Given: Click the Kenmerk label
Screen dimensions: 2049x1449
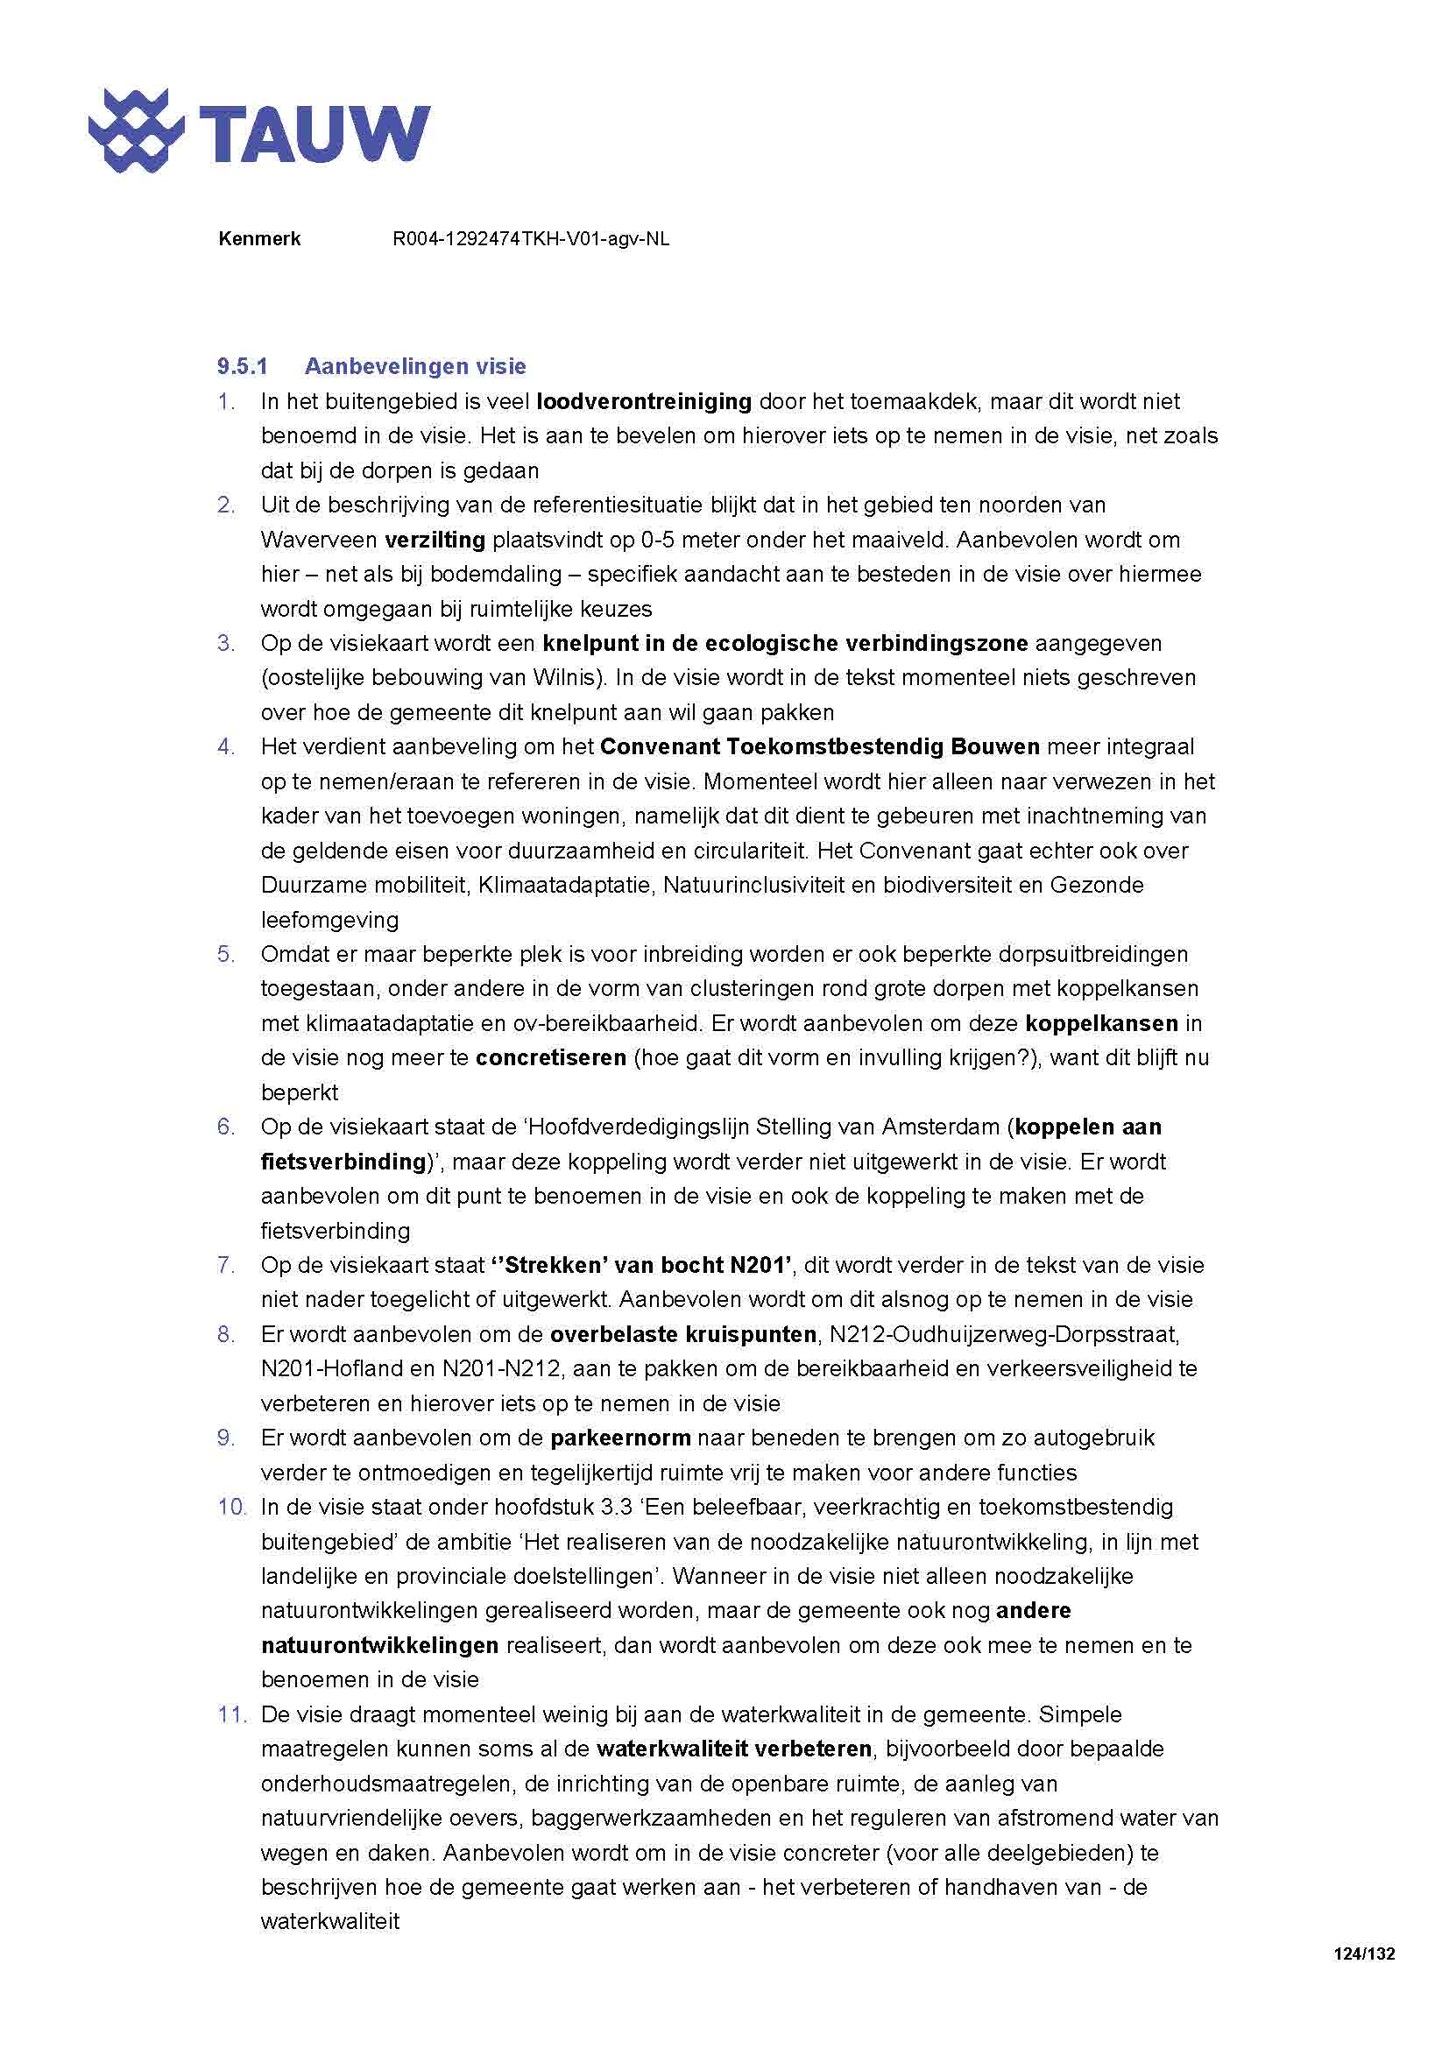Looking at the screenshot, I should pyautogui.click(x=258, y=239).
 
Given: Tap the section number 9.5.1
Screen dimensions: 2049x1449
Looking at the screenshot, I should pyautogui.click(x=242, y=366).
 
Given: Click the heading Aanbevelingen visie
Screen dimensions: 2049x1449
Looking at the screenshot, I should pyautogui.click(x=415, y=366).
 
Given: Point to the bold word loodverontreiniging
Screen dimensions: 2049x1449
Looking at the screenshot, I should pyautogui.click(x=644, y=401).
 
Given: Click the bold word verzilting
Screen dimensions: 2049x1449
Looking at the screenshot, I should pyautogui.click(x=435, y=540).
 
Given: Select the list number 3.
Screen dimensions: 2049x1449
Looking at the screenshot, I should pyautogui.click(x=226, y=644).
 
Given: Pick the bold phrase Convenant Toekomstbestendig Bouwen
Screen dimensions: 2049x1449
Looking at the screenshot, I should pyautogui.click(x=820, y=747).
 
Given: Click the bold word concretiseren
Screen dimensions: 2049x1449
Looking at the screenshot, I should pyautogui.click(x=550, y=1058).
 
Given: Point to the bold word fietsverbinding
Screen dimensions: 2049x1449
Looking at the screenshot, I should pyautogui.click(x=343, y=1162).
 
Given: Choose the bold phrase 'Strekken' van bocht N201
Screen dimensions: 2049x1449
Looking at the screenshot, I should pyautogui.click(x=640, y=1266).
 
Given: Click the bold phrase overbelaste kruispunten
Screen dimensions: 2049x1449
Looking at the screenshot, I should pyautogui.click(x=683, y=1335).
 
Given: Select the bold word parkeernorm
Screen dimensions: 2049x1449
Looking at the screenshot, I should pyautogui.click(x=620, y=1438).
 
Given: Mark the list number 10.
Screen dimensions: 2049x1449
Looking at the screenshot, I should pyautogui.click(x=231, y=1508).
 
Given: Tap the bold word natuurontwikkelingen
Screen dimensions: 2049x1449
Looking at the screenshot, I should pyautogui.click(x=379, y=1646).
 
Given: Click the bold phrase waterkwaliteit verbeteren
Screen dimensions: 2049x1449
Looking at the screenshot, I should pyautogui.click(x=733, y=1749).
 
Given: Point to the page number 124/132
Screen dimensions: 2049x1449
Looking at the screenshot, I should pyautogui.click(x=1363, y=1954).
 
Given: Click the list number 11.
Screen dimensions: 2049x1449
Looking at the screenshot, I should pyautogui.click(x=231, y=1714).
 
